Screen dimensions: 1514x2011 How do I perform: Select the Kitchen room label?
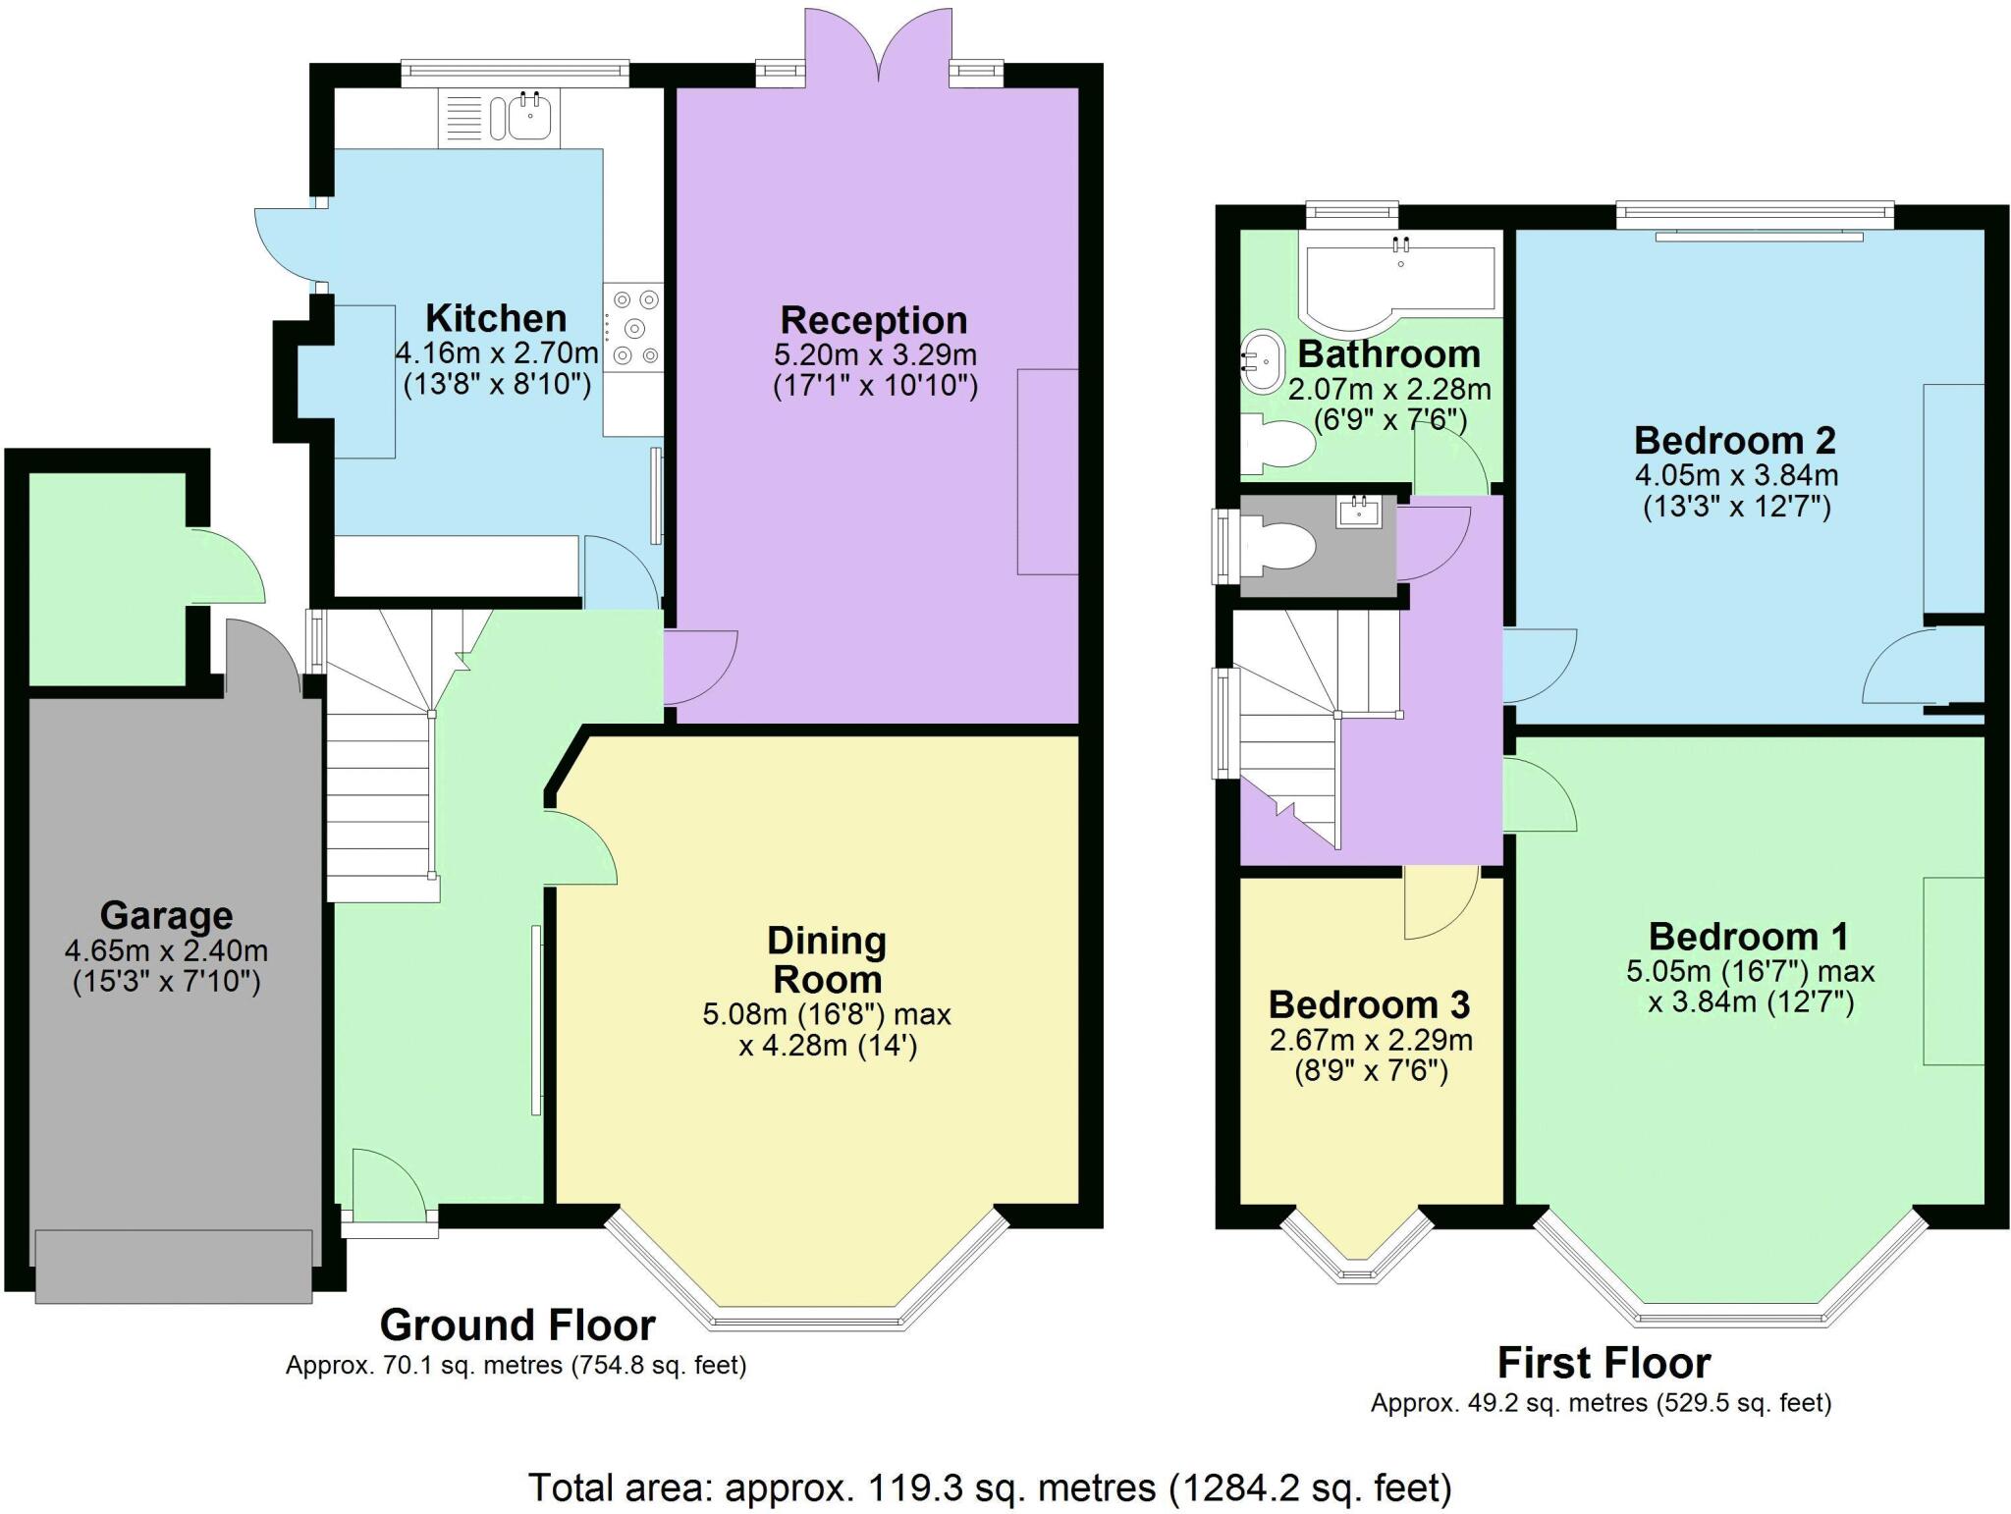tap(496, 318)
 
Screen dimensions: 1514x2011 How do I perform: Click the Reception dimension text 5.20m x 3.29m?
tap(875, 353)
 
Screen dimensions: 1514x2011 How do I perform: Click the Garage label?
tap(166, 915)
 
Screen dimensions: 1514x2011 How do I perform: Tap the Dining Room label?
tap(826, 959)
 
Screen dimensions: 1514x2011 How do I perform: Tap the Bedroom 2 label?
tap(1734, 440)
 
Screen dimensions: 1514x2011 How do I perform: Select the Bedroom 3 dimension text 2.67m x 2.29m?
tap(1371, 1040)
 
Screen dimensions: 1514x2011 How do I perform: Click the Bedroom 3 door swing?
tap(1439, 903)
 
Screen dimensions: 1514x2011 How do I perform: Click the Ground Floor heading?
tap(517, 1325)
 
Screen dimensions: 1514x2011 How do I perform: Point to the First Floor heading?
tap(1603, 1363)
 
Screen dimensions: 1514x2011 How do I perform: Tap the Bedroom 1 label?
tap(1748, 936)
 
